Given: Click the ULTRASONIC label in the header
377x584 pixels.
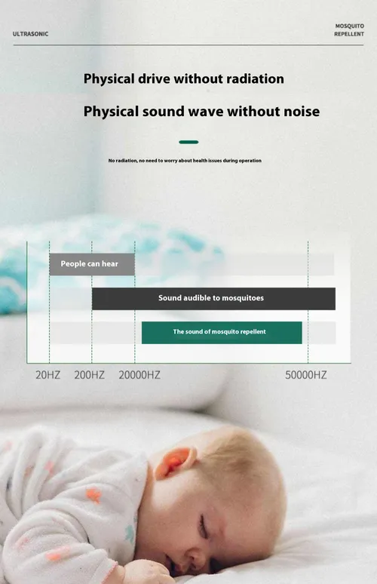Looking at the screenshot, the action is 30,34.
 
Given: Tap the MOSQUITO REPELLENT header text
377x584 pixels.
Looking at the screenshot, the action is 349,29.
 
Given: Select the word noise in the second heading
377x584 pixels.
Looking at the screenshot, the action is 300,112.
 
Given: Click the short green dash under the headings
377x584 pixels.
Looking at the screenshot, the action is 188,142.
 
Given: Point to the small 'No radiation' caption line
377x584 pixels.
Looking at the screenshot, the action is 185,161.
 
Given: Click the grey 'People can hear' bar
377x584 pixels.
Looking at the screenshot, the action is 92,264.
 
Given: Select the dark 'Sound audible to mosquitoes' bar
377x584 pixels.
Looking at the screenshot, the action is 213,298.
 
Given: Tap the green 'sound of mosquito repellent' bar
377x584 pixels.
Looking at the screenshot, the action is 222,332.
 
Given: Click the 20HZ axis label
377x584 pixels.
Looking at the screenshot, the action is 48,375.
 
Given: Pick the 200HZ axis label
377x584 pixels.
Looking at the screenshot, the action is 89,375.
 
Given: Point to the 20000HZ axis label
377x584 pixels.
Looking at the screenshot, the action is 139,375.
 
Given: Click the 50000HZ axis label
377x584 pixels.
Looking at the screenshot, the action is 306,375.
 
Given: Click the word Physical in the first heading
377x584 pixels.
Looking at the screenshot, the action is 109,79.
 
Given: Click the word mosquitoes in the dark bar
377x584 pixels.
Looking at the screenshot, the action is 243,298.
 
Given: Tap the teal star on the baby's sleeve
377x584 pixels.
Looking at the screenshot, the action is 129,534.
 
